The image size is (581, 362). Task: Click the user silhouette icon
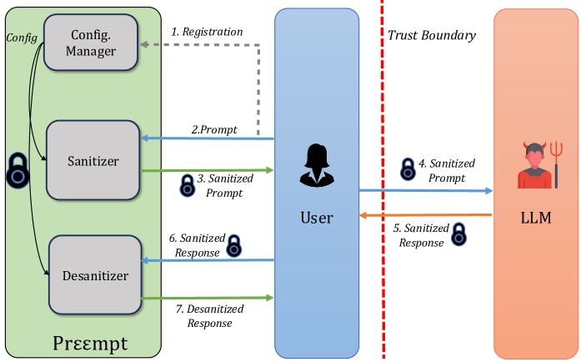point(317,166)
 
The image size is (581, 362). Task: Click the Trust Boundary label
point(432,35)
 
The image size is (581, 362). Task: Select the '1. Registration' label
point(207,32)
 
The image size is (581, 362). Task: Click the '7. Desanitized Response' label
point(209,315)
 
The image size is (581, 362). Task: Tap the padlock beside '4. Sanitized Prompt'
point(408,169)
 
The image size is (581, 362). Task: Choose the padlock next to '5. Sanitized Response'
point(458,235)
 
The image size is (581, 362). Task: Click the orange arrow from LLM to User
point(425,215)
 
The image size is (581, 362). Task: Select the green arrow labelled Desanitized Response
point(208,297)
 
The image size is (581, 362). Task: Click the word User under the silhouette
point(316,218)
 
